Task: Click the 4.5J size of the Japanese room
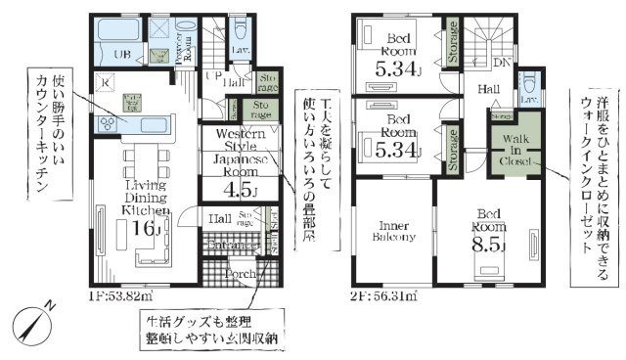pos(240,191)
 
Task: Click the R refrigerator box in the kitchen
pos(105,84)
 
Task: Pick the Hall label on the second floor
pos(486,89)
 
